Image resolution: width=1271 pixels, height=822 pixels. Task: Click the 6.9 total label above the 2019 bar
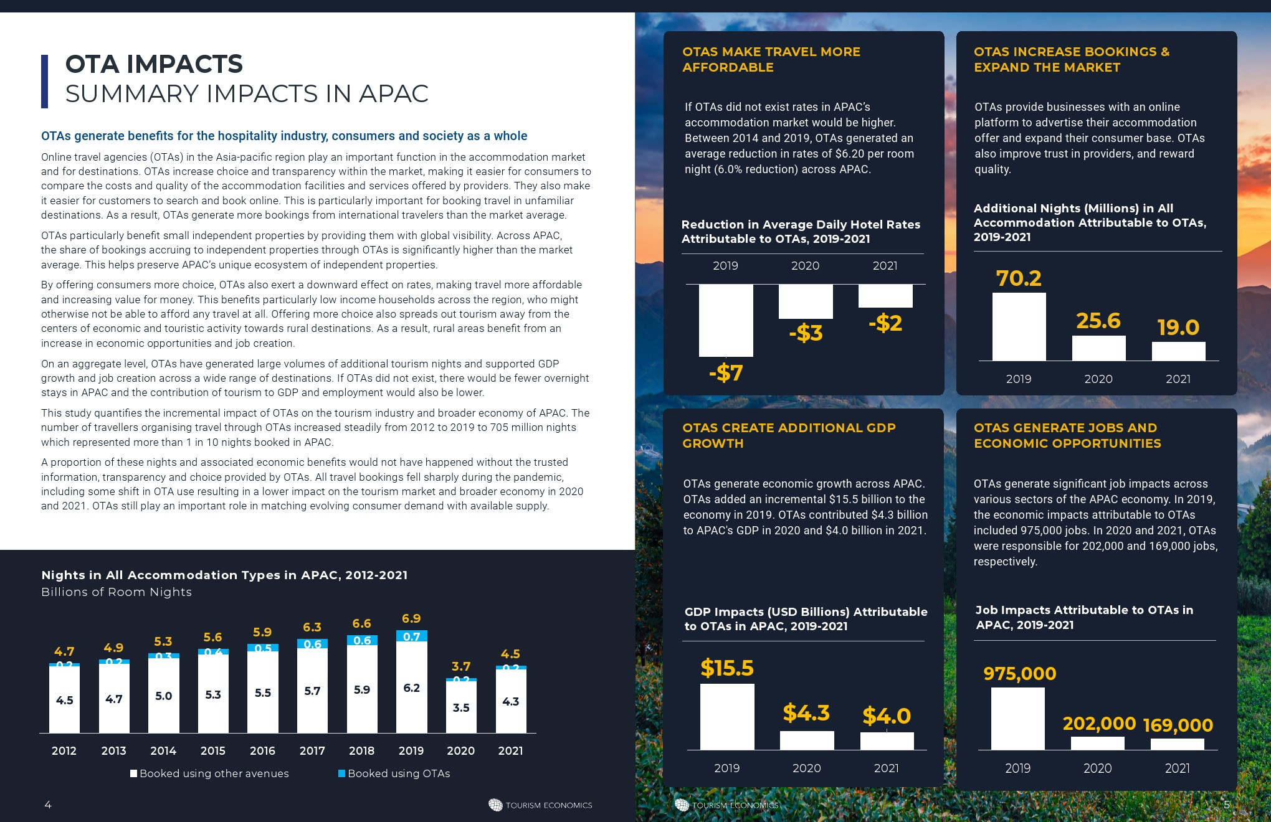point(411,618)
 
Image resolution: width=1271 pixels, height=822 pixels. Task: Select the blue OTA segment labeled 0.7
point(412,636)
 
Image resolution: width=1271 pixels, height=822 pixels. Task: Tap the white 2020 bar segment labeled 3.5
point(461,707)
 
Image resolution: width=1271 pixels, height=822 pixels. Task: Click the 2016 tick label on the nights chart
point(262,750)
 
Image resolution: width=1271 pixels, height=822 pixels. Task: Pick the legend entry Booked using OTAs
point(394,773)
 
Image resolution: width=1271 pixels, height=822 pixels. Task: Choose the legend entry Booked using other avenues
point(209,773)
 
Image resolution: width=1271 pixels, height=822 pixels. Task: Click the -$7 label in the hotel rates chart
point(726,372)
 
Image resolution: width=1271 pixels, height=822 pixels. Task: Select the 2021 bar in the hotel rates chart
point(885,296)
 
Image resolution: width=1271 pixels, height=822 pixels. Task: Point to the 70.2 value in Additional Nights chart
point(1019,278)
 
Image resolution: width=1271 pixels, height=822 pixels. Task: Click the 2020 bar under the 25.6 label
point(1098,348)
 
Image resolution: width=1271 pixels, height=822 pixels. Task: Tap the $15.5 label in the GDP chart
point(727,668)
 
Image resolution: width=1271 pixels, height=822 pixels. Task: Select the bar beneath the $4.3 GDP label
point(807,740)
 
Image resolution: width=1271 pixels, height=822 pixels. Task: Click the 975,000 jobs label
point(1020,673)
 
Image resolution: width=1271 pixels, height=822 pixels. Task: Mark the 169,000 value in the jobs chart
point(1178,725)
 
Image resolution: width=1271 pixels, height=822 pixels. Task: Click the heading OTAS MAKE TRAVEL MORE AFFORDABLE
point(771,59)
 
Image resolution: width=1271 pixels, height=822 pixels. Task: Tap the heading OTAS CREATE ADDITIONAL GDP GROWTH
point(789,435)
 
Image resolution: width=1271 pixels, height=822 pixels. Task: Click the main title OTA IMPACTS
point(154,64)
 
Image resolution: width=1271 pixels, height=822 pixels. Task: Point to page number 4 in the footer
point(48,805)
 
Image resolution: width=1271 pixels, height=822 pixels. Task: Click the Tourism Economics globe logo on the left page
point(495,805)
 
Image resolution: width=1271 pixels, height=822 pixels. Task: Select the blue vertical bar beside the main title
point(44,82)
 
